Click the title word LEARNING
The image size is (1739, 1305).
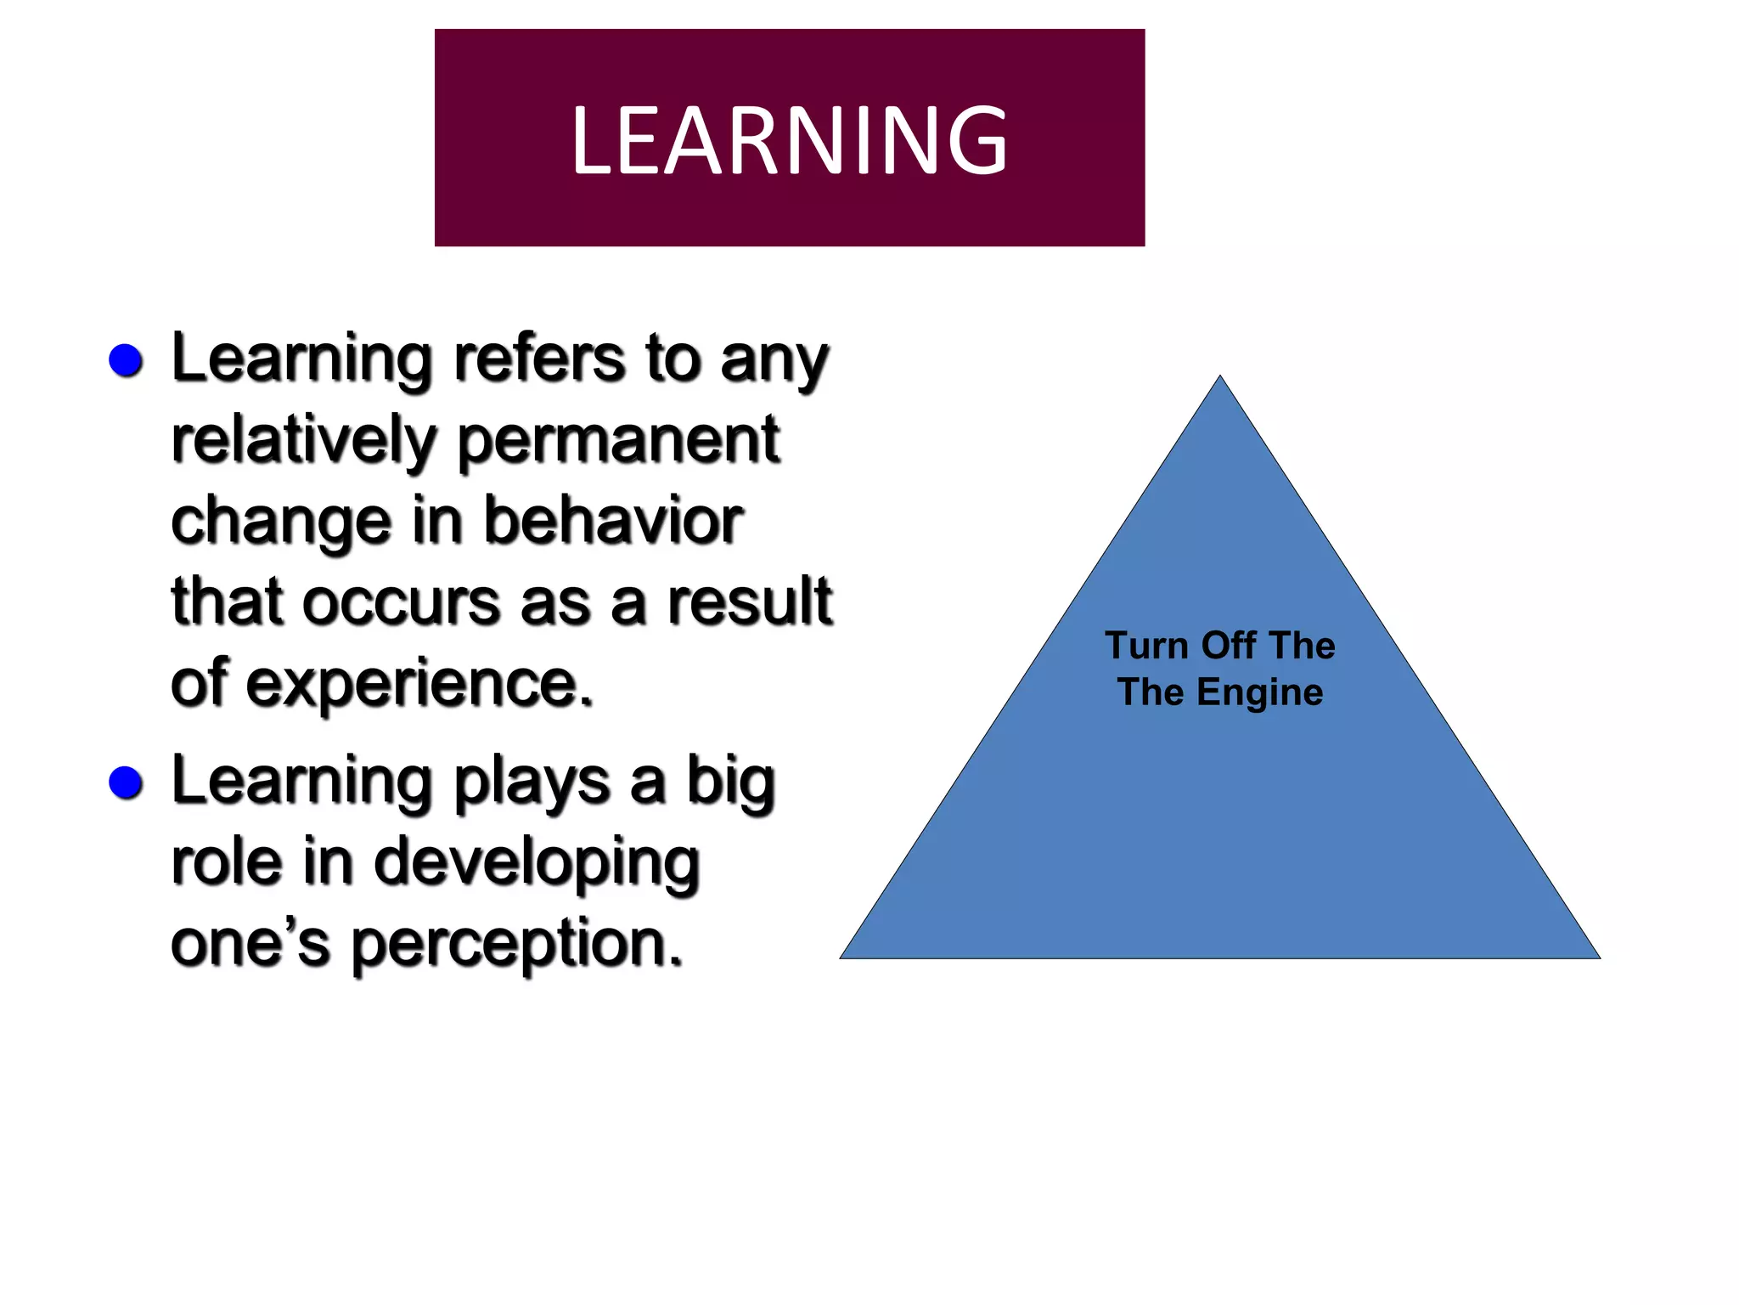click(790, 140)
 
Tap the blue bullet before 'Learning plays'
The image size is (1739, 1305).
click(126, 782)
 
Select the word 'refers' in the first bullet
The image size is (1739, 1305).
click(539, 359)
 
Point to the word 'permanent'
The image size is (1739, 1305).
click(618, 441)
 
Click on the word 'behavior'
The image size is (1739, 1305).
click(613, 521)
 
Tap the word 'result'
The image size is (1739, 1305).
click(749, 601)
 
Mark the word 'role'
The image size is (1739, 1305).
click(226, 862)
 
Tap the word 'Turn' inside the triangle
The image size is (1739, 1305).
click(1145, 646)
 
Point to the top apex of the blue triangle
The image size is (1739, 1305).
click(1220, 378)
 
